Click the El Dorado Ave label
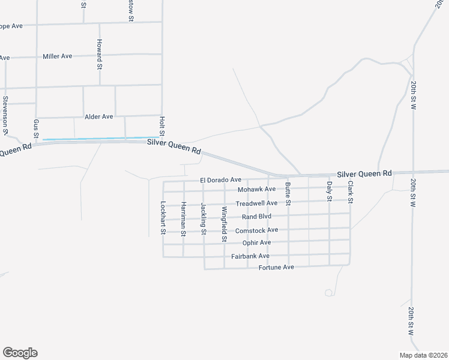pyautogui.click(x=221, y=180)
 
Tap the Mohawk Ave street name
pyautogui.click(x=256, y=190)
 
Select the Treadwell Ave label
pyautogui.click(x=256, y=203)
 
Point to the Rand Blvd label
pyautogui.click(x=256, y=217)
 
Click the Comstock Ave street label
pyautogui.click(x=256, y=230)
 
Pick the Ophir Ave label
pyautogui.click(x=256, y=242)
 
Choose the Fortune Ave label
pyautogui.click(x=276, y=267)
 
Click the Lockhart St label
pyautogui.click(x=162, y=217)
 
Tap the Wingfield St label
pyautogui.click(x=224, y=224)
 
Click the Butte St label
pyautogui.click(x=288, y=194)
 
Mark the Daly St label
pyautogui.click(x=329, y=191)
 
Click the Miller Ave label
pyautogui.click(x=58, y=56)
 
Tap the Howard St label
pyautogui.click(x=100, y=53)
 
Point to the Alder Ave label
pyautogui.click(x=99, y=116)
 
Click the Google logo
pyautogui.click(x=20, y=353)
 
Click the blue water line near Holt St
pyautogui.click(x=99, y=139)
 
